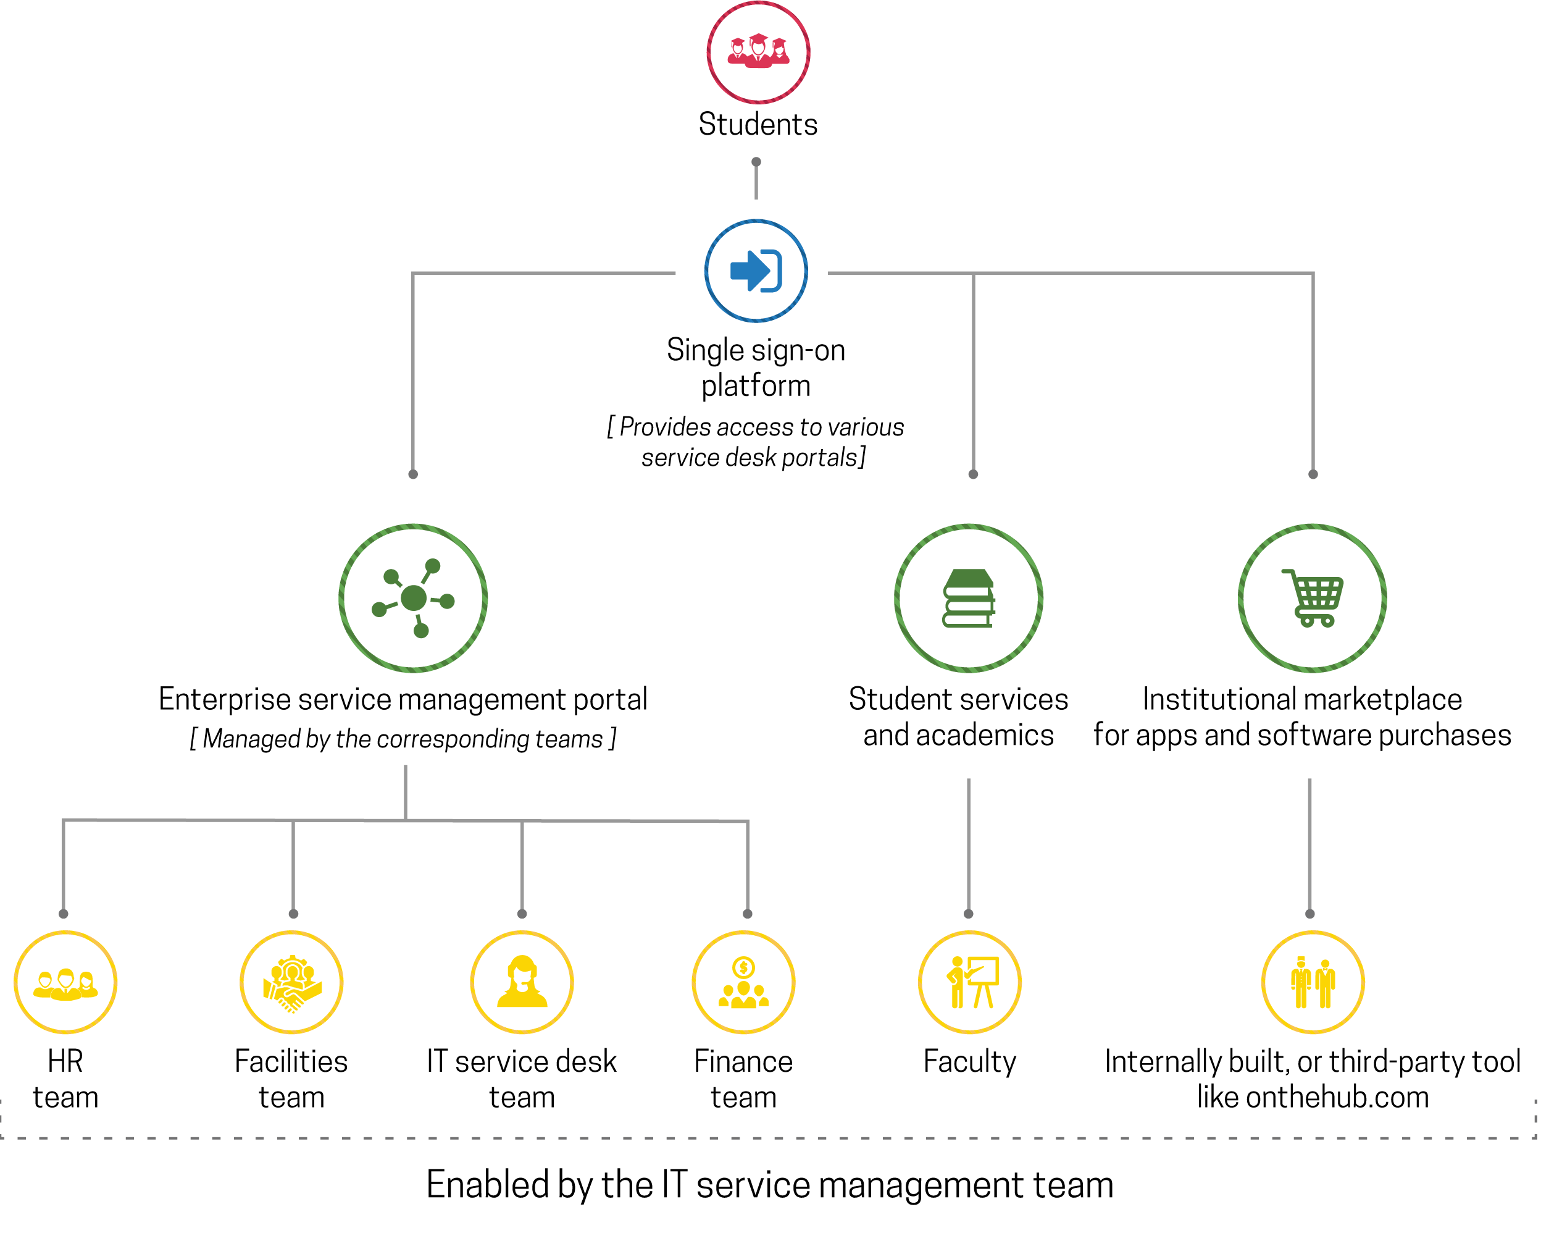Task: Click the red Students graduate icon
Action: coord(758,51)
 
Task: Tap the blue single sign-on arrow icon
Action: coord(756,271)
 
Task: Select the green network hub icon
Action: coord(413,598)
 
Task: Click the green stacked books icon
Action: coord(968,598)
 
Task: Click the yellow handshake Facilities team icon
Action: coord(291,983)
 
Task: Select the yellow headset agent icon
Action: coord(522,983)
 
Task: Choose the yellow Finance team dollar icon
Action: coord(743,983)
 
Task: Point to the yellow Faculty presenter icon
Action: coord(970,983)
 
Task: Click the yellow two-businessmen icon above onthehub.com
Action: coord(1313,983)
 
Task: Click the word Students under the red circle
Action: coord(758,124)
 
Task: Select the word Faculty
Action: coord(969,1061)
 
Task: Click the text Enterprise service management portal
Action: coord(403,699)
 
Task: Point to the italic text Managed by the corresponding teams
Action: coord(403,739)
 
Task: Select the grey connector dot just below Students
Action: coord(756,162)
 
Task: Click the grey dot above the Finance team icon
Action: coord(748,914)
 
